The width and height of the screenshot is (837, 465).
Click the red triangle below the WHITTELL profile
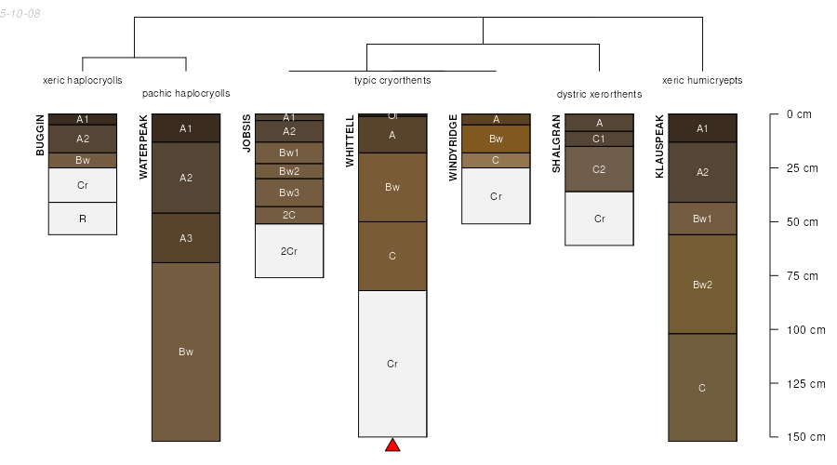tap(392, 445)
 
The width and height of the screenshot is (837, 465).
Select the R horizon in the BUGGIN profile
tap(83, 219)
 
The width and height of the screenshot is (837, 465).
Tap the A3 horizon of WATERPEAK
tap(186, 238)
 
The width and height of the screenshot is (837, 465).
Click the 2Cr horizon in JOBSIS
tap(289, 251)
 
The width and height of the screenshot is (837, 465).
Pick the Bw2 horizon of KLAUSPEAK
tap(702, 285)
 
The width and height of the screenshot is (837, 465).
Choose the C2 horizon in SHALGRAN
tap(600, 169)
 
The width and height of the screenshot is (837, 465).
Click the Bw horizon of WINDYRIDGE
tap(496, 139)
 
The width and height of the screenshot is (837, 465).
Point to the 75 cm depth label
tap(803, 276)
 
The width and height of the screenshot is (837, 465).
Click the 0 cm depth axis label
tap(799, 114)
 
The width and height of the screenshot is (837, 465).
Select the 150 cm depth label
tap(806, 437)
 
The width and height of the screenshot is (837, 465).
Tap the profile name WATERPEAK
tap(143, 147)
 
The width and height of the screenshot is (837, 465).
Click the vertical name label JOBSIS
tap(246, 134)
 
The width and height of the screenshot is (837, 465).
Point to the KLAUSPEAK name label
tap(659, 146)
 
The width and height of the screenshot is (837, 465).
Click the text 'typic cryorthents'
tap(392, 80)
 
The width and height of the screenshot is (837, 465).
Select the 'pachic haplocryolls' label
tap(186, 93)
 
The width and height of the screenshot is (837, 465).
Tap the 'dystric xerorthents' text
tap(600, 95)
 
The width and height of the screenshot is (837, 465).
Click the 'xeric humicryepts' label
tap(702, 80)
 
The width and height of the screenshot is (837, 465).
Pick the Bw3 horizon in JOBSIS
tap(289, 193)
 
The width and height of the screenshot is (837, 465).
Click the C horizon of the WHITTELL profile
tap(392, 257)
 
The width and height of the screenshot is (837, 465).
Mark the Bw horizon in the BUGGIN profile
tap(83, 160)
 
